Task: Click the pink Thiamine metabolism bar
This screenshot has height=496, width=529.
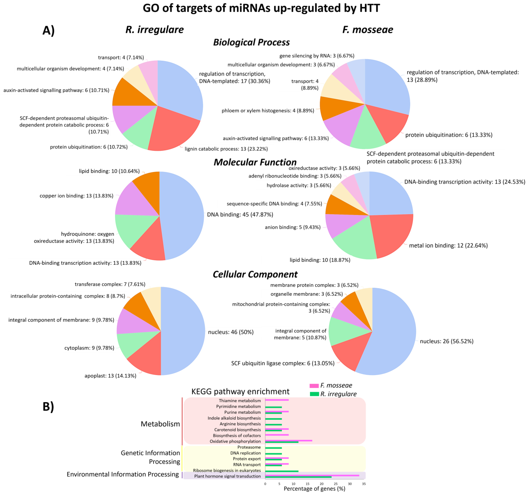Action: (x=277, y=400)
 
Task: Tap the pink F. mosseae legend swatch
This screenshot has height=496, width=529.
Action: (x=314, y=386)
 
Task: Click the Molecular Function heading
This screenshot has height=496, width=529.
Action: (x=255, y=162)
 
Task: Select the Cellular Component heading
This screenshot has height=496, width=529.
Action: (x=255, y=274)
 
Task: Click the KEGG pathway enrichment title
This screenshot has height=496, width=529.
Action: (x=240, y=391)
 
